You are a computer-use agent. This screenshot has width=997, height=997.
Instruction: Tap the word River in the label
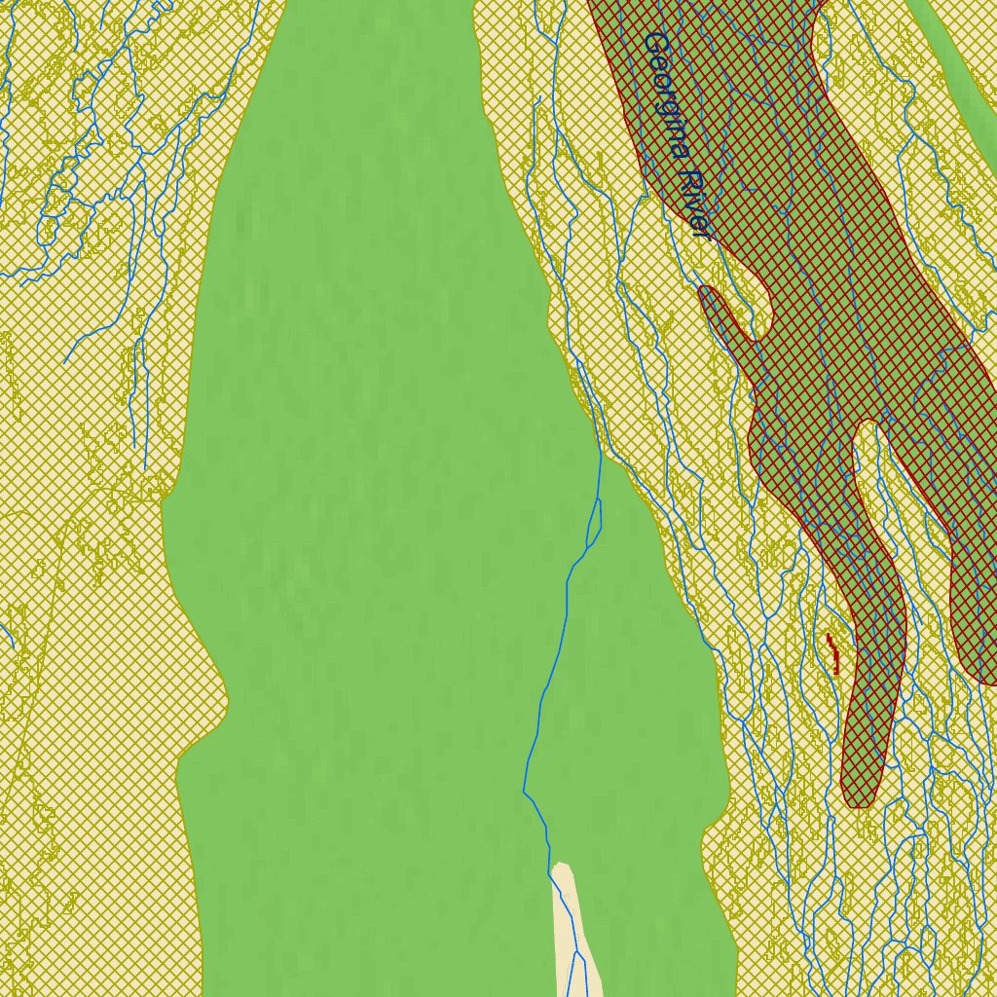(694, 205)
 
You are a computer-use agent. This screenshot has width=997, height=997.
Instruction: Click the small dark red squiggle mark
(832, 653)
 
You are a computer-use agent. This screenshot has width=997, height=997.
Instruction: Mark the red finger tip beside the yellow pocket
(708, 292)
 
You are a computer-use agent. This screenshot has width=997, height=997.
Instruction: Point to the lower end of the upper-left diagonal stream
(65, 363)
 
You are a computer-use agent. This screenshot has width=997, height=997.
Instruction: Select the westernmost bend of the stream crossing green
(525, 789)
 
